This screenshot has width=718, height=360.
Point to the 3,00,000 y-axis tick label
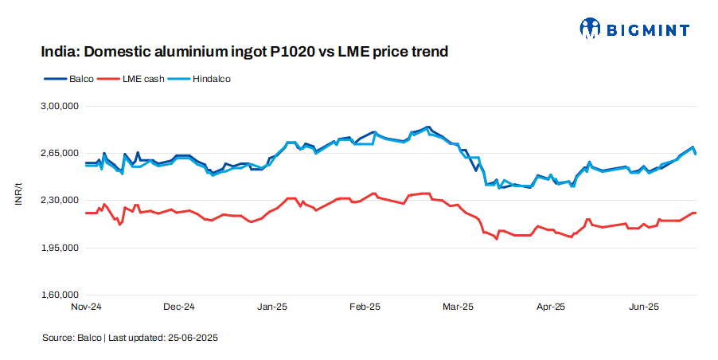pos(60,106)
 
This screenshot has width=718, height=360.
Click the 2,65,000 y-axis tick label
pos(60,153)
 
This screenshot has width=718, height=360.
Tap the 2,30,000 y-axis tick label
pos(60,201)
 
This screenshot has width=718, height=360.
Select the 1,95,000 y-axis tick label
pos(60,248)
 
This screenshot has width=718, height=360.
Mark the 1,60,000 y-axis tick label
pos(60,295)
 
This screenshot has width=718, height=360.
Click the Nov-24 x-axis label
pos(86,307)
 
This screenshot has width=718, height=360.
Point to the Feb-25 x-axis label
pos(365,307)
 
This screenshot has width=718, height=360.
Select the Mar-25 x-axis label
pos(458,307)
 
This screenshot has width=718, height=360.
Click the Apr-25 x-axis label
pos(551,307)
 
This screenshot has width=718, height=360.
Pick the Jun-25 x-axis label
pos(643,307)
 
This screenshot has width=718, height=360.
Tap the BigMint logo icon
pos(591,29)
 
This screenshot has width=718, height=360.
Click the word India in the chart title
pos(60,53)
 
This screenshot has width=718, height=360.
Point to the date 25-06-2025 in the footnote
pos(193,338)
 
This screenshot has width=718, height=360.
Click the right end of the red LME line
pos(696,213)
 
